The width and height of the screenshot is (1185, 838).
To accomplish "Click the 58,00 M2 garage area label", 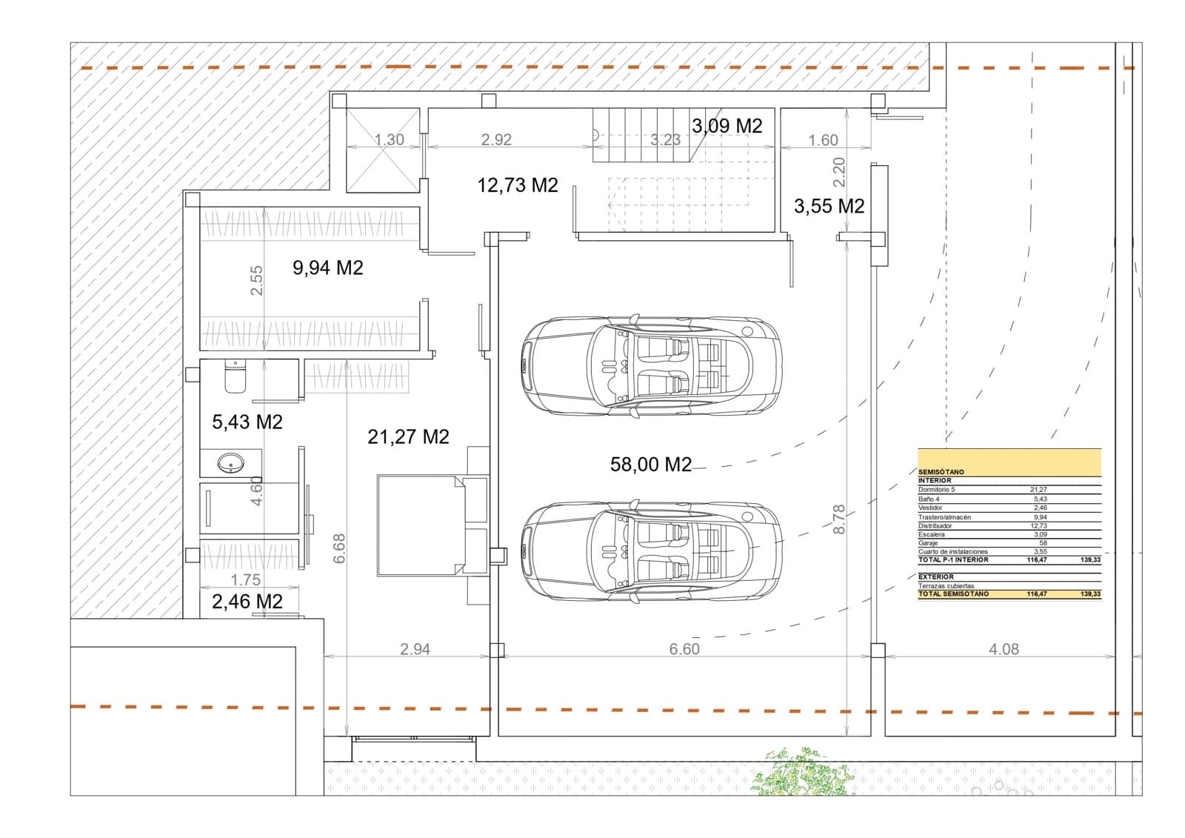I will [x=650, y=465].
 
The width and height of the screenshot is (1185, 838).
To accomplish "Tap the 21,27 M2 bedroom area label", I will [x=408, y=437].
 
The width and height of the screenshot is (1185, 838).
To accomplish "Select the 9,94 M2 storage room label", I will [x=327, y=267].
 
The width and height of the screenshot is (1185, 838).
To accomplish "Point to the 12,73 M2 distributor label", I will [x=517, y=185].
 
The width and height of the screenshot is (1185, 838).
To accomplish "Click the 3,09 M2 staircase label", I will [x=727, y=126].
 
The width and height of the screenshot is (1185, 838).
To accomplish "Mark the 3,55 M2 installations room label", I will [x=829, y=206].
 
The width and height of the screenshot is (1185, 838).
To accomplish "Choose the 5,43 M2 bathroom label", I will [x=247, y=422].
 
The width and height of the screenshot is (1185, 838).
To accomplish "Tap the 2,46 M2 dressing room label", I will [x=247, y=602].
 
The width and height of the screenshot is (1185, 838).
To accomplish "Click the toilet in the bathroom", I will [x=235, y=376].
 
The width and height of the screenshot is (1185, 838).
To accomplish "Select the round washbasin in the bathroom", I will [x=230, y=465].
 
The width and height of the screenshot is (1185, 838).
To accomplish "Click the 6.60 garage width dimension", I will [x=684, y=649].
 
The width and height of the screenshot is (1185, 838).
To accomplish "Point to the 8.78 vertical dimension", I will [x=839, y=519].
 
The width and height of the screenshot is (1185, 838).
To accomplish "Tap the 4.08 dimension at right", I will [x=1004, y=649].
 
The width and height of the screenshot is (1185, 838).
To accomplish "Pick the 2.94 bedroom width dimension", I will [x=415, y=649].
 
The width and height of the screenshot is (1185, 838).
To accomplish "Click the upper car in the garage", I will [x=650, y=365].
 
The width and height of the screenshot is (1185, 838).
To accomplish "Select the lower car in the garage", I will [x=650, y=551].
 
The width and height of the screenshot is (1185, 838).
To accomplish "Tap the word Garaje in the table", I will [x=928, y=543].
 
